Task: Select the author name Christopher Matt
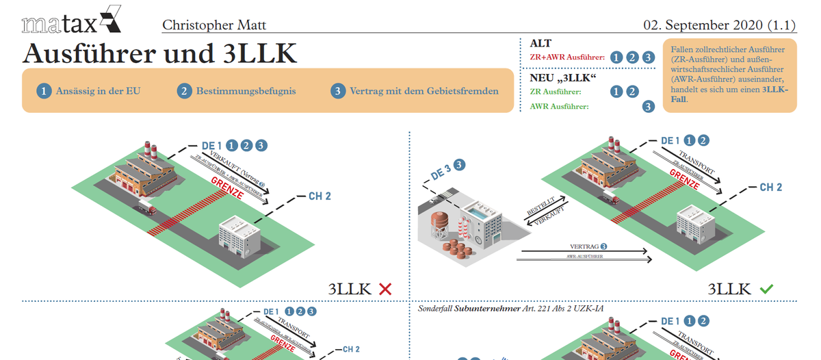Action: pyautogui.click(x=213, y=25)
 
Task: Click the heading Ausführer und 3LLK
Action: pyautogui.click(x=159, y=53)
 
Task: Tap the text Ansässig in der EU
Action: pyautogui.click(x=99, y=91)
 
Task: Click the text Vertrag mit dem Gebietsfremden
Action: pyautogui.click(x=423, y=91)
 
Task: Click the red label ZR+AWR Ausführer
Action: pyautogui.click(x=567, y=58)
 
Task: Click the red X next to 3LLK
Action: pyautogui.click(x=385, y=290)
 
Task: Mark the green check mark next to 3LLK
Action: pyautogui.click(x=766, y=290)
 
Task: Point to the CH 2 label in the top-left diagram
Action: pyautogui.click(x=320, y=196)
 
